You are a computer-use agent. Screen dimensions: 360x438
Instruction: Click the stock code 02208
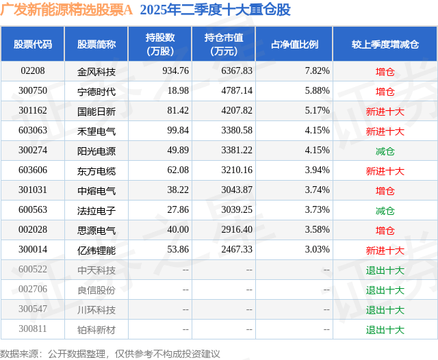click(32, 71)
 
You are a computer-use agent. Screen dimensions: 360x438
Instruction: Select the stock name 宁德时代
click(96, 91)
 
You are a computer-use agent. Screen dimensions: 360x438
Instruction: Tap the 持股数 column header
click(159, 44)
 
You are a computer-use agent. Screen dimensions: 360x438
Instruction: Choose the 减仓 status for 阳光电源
click(385, 151)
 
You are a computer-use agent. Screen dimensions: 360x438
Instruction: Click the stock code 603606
click(32, 170)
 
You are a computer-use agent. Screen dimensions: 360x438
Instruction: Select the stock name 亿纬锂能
click(96, 250)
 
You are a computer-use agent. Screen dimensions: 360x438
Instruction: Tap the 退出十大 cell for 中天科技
click(385, 270)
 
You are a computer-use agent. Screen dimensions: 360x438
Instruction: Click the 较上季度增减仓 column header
click(385, 44)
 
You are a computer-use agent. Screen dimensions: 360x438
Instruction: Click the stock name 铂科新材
click(96, 329)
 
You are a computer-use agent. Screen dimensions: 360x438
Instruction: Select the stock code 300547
click(32, 309)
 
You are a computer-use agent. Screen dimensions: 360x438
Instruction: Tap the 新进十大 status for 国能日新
click(385, 111)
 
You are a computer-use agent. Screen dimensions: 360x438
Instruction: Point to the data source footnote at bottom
click(109, 353)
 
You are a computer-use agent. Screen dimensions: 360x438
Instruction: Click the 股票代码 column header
click(32, 44)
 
